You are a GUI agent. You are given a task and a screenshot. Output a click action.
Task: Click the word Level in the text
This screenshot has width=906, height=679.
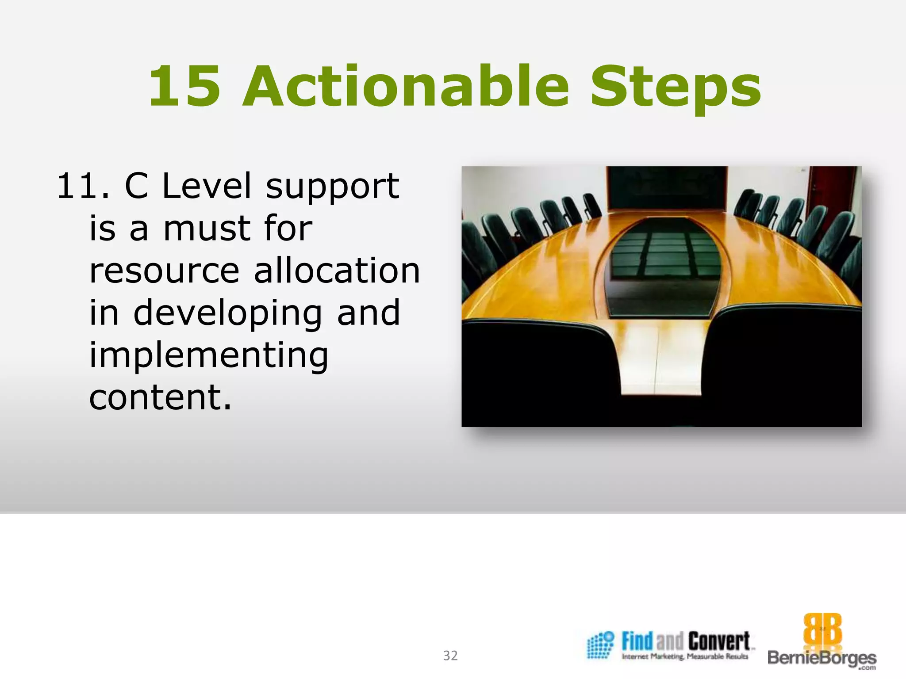pyautogui.click(x=207, y=186)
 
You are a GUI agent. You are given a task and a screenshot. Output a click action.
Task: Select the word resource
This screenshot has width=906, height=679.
pyautogui.click(x=164, y=271)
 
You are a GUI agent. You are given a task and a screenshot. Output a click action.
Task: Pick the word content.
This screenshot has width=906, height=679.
pyautogui.click(x=160, y=397)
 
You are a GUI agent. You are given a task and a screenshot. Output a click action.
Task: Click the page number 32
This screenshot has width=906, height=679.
pyautogui.click(x=450, y=655)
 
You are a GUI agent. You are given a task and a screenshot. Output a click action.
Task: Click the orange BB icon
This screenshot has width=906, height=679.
pyautogui.click(x=822, y=629)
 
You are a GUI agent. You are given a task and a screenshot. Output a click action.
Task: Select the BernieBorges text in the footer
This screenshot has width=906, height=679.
pyautogui.click(x=822, y=658)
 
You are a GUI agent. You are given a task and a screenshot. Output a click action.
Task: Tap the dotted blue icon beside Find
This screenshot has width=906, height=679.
pyautogui.click(x=600, y=645)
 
